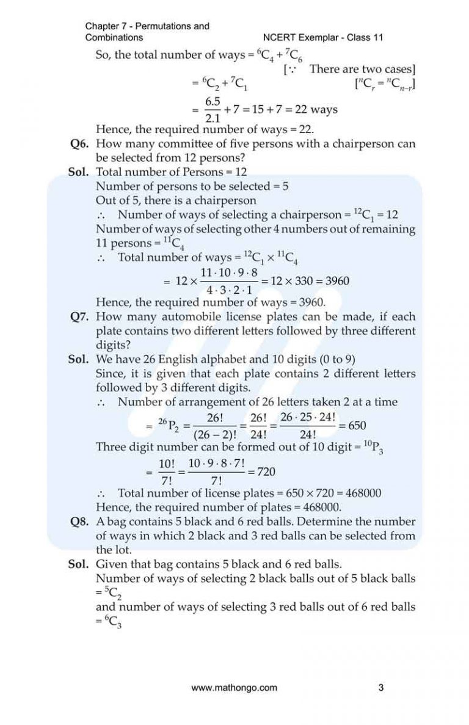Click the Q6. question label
pyautogui.click(x=82, y=144)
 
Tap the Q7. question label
pyautogui.click(x=82, y=316)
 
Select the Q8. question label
pyautogui.click(x=82, y=522)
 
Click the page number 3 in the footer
pyautogui.click(x=381, y=687)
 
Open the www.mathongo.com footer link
pyautogui.click(x=234, y=687)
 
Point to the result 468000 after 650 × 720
pyautogui.click(x=379, y=492)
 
